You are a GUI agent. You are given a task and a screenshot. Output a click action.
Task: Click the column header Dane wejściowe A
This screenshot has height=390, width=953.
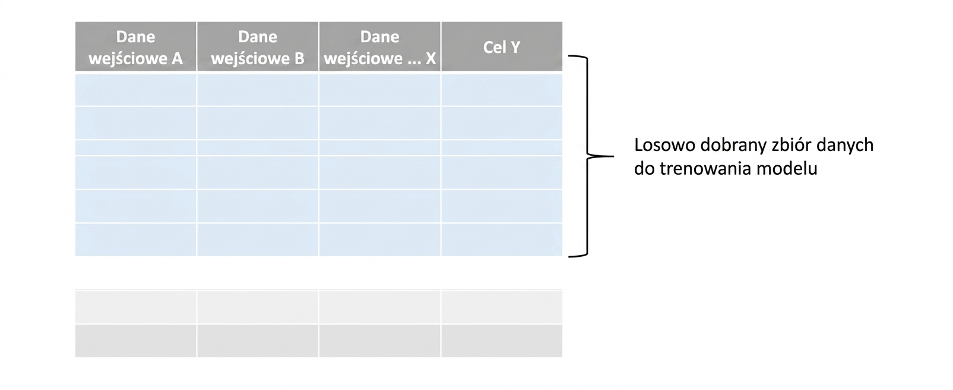tap(136, 46)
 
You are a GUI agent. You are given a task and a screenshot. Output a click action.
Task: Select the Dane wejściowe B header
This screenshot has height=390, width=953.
tap(258, 46)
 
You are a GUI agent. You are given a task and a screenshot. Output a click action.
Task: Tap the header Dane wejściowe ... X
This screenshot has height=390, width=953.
tap(380, 46)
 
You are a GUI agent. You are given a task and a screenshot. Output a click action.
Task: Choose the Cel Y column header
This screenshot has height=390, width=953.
tap(502, 46)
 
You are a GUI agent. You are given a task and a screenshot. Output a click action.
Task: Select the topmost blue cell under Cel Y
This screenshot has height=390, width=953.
tap(502, 90)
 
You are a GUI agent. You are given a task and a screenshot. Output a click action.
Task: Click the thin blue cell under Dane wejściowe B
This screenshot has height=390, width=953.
tap(258, 148)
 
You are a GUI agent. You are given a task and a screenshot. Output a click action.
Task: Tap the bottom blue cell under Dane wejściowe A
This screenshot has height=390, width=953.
tap(136, 240)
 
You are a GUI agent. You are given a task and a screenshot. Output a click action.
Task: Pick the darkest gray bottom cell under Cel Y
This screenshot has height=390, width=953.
tap(502, 341)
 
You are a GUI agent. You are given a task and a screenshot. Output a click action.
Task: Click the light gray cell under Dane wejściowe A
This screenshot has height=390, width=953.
tap(136, 307)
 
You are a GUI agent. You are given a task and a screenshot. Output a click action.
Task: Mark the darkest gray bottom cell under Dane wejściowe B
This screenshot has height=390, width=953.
tap(258, 341)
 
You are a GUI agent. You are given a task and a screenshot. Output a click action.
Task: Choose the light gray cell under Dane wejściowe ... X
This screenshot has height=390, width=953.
tap(380, 307)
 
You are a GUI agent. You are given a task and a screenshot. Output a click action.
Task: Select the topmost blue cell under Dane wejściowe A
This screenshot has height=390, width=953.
tap(136, 90)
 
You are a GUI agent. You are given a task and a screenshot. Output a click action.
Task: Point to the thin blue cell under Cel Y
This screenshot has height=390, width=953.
tap(502, 148)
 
